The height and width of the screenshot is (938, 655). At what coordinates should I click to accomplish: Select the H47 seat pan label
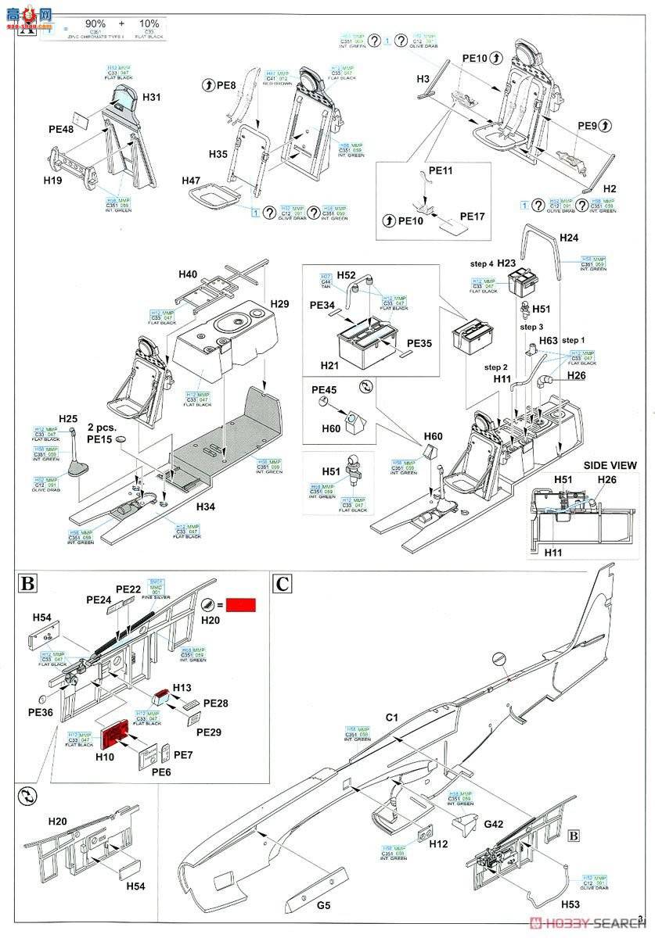click(x=192, y=181)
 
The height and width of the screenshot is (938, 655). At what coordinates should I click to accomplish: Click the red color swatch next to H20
click(x=241, y=603)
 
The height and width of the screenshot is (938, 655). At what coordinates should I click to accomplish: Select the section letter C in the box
click(x=283, y=583)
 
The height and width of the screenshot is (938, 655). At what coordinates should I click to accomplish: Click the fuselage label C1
click(x=392, y=717)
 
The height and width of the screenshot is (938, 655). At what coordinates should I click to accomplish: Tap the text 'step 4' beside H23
click(x=483, y=264)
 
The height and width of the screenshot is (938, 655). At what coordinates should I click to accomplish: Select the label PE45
click(x=325, y=390)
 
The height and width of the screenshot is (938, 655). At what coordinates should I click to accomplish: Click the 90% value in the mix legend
click(x=95, y=24)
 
